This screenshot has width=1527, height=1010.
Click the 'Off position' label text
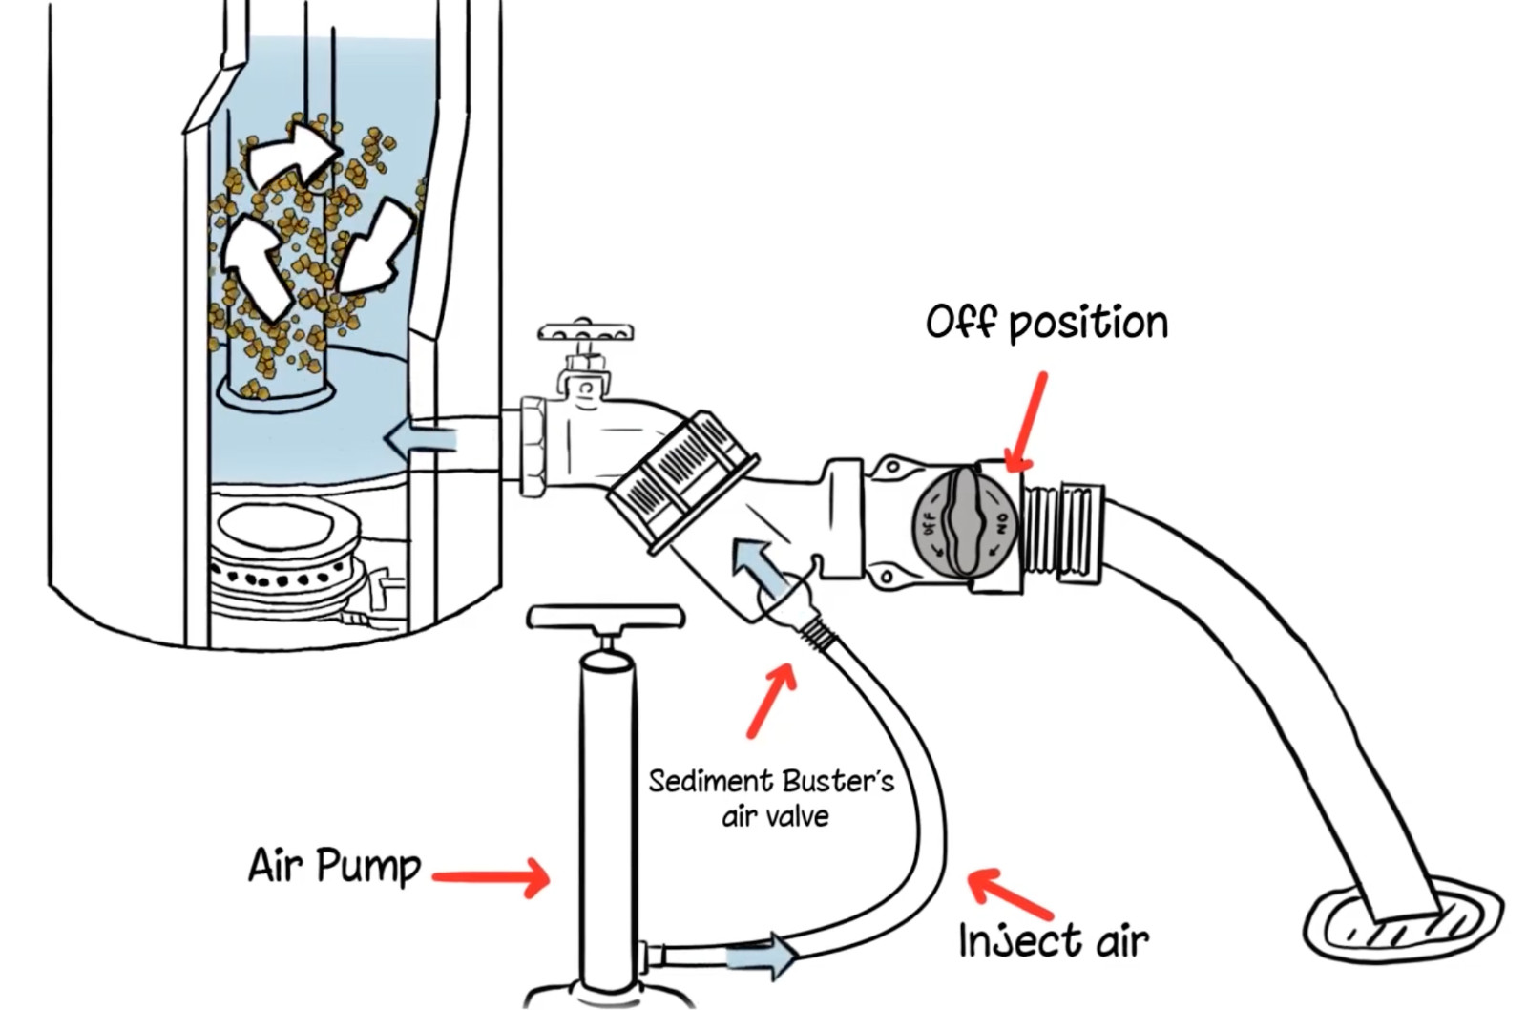(x=1046, y=323)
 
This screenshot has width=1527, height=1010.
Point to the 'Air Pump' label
(x=334, y=866)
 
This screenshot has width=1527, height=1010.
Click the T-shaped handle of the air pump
(x=605, y=619)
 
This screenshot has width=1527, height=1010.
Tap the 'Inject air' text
(x=1053, y=940)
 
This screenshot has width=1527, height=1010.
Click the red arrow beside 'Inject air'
(x=1010, y=893)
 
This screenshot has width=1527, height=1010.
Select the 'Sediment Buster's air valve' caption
(x=771, y=798)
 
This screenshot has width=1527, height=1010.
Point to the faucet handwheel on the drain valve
(x=585, y=333)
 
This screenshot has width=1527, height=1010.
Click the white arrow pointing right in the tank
(x=291, y=153)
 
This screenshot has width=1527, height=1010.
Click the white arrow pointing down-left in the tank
(x=375, y=249)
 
